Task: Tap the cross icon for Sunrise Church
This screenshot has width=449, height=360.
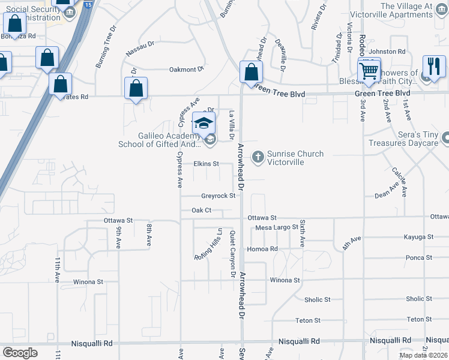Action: click(x=258, y=157)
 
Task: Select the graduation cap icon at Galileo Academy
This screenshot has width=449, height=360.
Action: click(x=203, y=123)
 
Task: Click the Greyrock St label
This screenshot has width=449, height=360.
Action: click(x=218, y=196)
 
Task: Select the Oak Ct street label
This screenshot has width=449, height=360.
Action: click(x=202, y=210)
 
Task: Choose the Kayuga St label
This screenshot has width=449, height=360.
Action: click(x=418, y=238)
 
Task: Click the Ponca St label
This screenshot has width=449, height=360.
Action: click(x=419, y=257)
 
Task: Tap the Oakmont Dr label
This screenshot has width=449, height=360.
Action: click(x=187, y=70)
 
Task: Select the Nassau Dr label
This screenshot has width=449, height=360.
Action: click(x=140, y=49)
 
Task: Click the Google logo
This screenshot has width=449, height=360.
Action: click(x=20, y=353)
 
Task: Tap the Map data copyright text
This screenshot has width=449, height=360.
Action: click(x=423, y=355)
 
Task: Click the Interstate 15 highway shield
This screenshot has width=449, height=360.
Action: click(x=88, y=5)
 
